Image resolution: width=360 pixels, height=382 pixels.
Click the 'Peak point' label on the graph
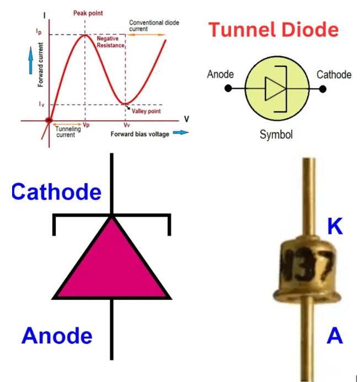[x=88, y=13]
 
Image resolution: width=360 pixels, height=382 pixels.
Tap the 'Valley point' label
[x=146, y=111]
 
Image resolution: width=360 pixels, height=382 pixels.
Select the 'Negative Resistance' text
[x=110, y=42]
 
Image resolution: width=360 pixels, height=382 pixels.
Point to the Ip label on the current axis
[x=39, y=31]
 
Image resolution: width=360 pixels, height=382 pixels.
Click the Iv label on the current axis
[x=42, y=104]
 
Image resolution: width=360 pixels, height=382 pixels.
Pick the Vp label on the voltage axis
[x=86, y=125]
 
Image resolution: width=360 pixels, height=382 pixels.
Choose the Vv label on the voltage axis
[x=126, y=125]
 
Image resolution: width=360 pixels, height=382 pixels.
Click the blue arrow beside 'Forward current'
[x=31, y=61]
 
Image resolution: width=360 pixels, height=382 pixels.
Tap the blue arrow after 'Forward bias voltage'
[x=181, y=132]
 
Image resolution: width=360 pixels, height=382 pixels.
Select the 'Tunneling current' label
[x=68, y=132]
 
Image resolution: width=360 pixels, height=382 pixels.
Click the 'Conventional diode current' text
[x=154, y=25]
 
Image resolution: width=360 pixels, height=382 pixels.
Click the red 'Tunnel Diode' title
[x=273, y=29]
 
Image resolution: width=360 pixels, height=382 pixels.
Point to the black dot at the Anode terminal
[x=228, y=88]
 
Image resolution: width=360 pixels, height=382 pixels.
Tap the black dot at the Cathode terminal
[x=323, y=89]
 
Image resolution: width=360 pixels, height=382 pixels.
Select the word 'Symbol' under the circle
[x=276, y=134]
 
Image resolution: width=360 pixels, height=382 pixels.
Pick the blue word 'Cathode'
[x=56, y=191]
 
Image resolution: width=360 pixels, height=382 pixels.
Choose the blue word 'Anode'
[x=57, y=336]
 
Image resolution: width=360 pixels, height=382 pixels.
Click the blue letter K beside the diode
[x=335, y=226]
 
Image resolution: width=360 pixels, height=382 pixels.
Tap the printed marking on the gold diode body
[x=307, y=265]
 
